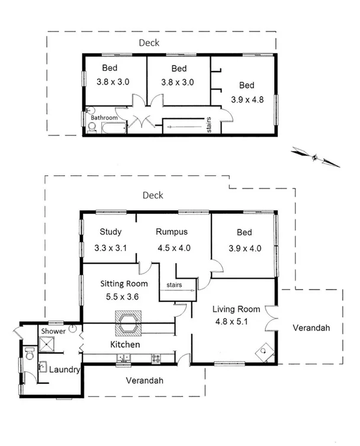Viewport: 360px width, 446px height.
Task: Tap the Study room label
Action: point(110,232)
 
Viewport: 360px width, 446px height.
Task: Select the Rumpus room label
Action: point(172,232)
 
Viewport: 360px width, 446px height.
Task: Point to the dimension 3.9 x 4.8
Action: point(247,100)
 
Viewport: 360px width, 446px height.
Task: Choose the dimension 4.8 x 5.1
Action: point(232,323)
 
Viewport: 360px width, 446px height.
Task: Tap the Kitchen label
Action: point(125,344)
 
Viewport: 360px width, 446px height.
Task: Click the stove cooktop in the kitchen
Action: point(157,357)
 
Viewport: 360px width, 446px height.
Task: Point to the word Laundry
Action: point(64,370)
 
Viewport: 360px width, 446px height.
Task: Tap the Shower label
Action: point(53,331)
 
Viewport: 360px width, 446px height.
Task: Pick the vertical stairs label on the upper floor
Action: point(209,127)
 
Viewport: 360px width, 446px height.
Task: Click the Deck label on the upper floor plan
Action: point(149,43)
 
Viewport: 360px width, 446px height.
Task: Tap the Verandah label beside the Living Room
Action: point(311,328)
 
